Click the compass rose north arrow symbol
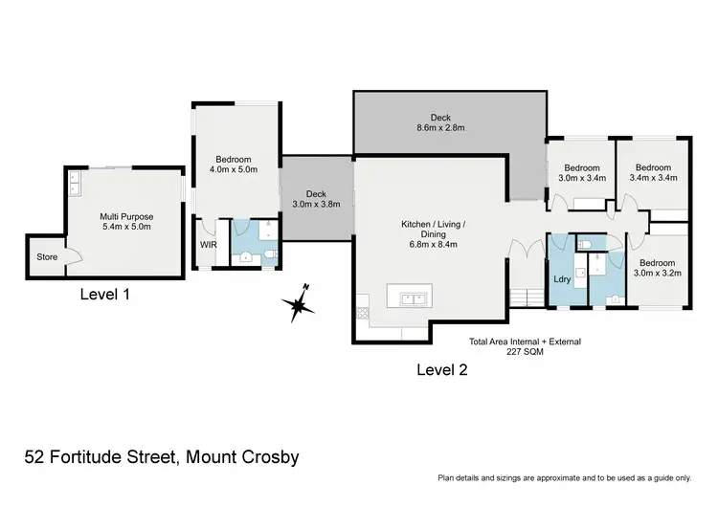coord(299,305)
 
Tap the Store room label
coord(47,257)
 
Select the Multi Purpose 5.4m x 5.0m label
coord(127,223)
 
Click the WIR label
coord(208,245)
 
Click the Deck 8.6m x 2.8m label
coord(439,122)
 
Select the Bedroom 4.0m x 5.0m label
coord(235,166)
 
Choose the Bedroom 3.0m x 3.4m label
coord(582,172)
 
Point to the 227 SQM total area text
coord(525,351)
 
